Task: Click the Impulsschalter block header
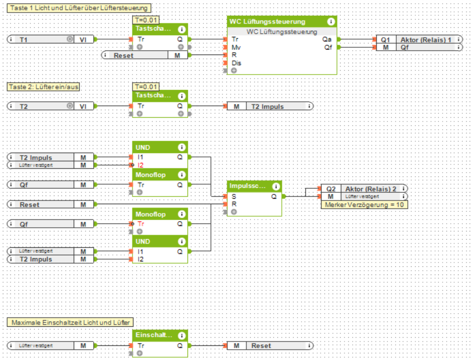pos(248,186)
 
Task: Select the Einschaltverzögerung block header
pos(153,335)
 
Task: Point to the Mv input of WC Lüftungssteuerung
pos(235,47)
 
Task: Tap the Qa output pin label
pos(326,39)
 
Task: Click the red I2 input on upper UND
pos(141,165)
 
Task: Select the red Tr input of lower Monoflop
pos(141,224)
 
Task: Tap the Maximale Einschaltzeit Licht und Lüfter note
pos(71,322)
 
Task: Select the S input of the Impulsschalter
pos(233,196)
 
